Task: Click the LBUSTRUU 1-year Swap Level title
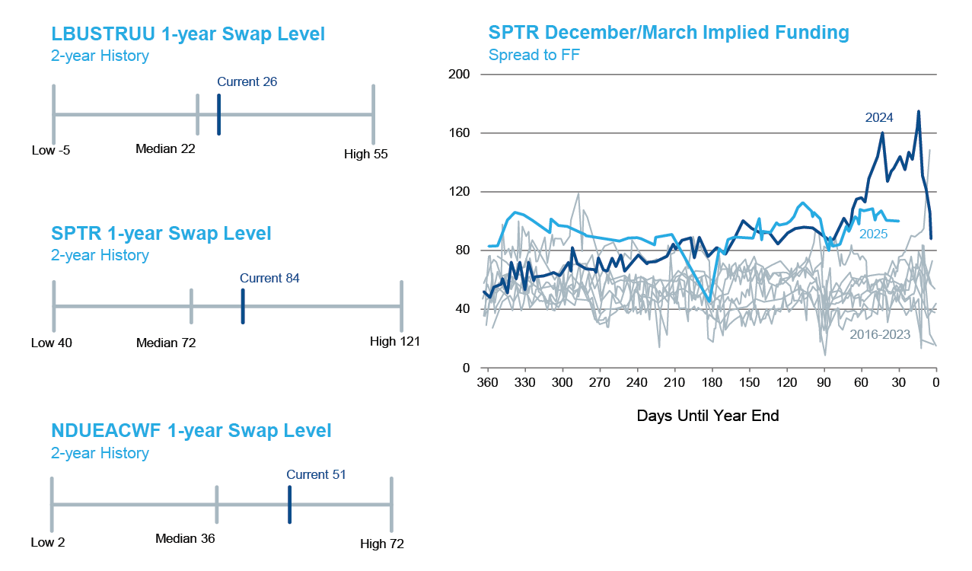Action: (188, 34)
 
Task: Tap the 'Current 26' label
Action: (247, 81)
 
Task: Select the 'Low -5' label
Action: (51, 151)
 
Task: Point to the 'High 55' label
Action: (366, 155)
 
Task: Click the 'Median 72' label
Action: (166, 343)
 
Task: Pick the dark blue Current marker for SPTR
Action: (243, 306)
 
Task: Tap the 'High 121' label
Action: (395, 342)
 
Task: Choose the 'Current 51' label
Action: (316, 474)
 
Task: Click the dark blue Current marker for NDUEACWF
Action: (290, 504)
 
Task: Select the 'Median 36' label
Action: (185, 539)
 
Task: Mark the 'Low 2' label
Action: (48, 543)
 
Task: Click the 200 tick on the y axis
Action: (461, 75)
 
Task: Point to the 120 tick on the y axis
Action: (461, 192)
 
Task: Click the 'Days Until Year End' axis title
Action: (708, 416)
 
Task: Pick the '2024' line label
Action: (879, 117)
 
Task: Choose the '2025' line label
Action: (874, 234)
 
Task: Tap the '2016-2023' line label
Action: (880, 334)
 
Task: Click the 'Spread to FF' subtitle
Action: (534, 55)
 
